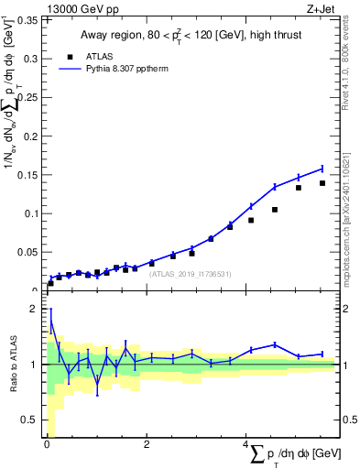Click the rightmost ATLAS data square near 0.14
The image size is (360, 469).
(322, 183)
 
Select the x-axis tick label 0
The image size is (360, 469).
(47, 445)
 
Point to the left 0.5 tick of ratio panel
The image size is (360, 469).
(31, 420)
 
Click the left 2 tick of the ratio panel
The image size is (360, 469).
(35, 310)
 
